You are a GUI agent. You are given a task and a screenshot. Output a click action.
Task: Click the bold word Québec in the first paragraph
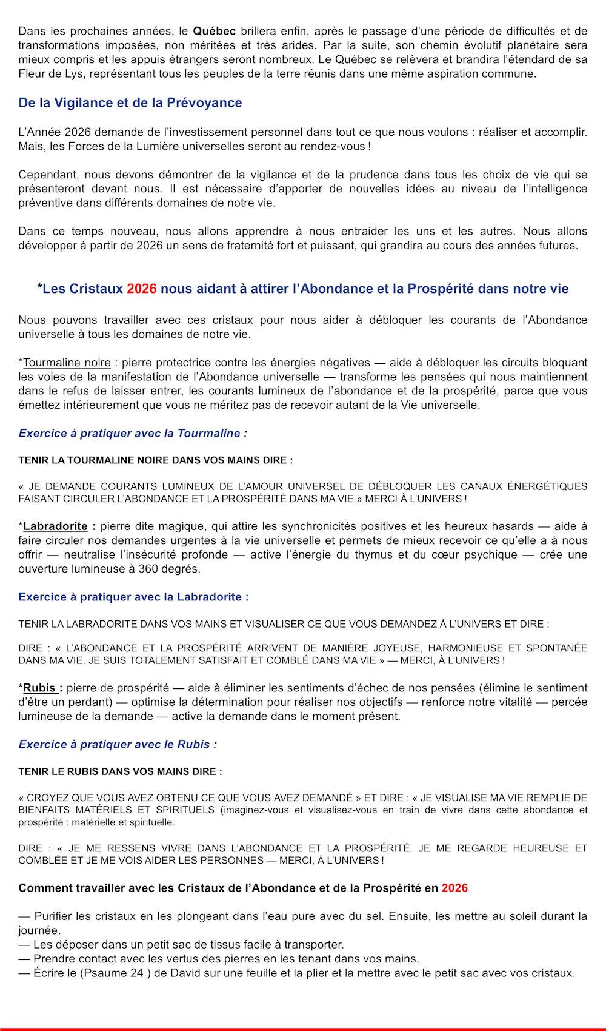click(214, 31)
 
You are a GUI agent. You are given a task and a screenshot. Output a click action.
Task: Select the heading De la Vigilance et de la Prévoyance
click(130, 102)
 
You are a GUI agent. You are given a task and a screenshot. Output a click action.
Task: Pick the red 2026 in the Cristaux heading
click(141, 289)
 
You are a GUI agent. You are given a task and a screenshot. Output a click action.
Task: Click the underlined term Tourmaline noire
click(67, 363)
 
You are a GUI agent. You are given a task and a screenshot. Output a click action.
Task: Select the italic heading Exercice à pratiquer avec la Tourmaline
click(133, 433)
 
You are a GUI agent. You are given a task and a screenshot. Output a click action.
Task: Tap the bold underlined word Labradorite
click(55, 526)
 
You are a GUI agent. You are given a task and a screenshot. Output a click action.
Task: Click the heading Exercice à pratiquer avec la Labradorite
click(133, 597)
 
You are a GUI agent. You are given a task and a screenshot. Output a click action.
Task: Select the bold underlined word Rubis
click(39, 688)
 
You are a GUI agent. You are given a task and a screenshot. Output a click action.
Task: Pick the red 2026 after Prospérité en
click(454, 888)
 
